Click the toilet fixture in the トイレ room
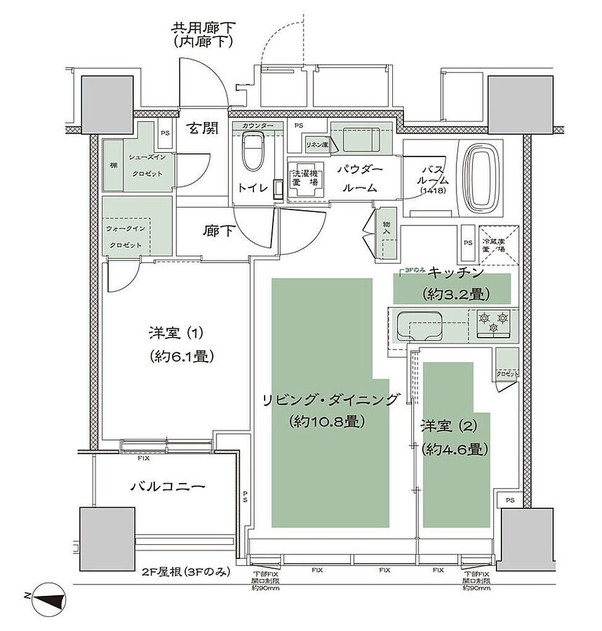pos(252,153)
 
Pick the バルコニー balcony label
pos(167,486)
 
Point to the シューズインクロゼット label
pos(146,165)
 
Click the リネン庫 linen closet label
pos(318,144)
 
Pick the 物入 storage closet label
pos(387,229)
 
